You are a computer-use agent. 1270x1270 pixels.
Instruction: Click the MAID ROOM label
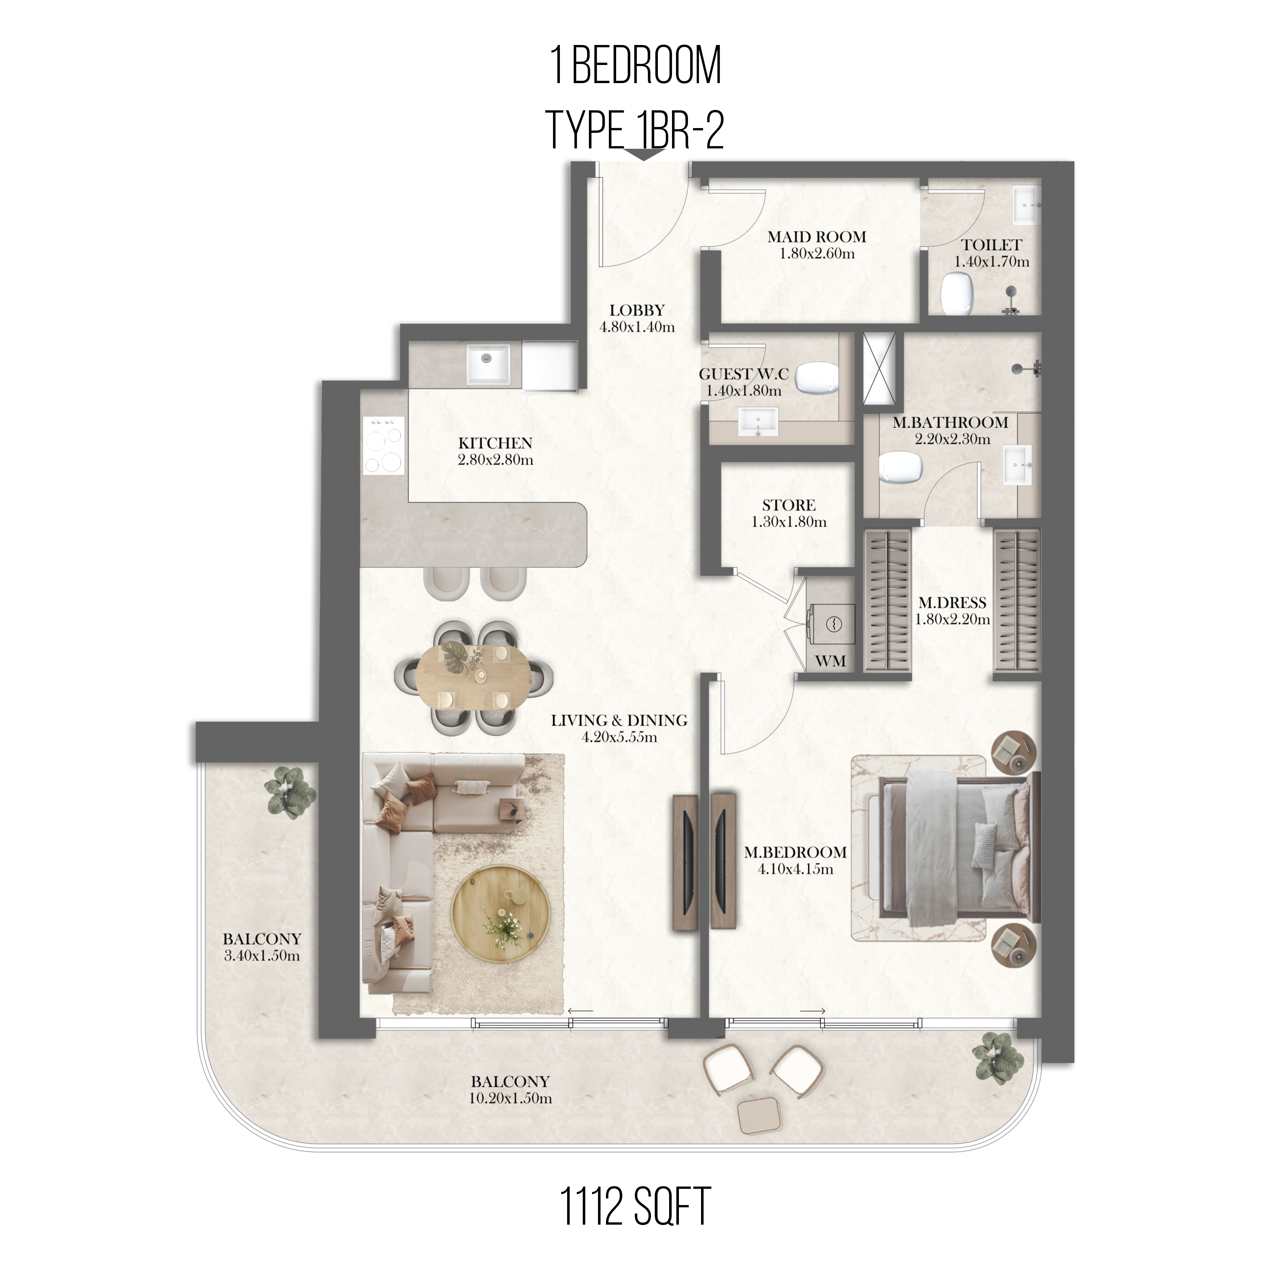click(816, 237)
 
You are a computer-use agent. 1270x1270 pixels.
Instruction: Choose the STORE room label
click(789, 505)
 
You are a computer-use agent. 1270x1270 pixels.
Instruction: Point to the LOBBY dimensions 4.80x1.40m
click(637, 327)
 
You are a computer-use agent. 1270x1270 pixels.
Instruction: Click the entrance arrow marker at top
click(644, 155)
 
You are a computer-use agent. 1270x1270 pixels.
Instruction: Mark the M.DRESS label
click(952, 602)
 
